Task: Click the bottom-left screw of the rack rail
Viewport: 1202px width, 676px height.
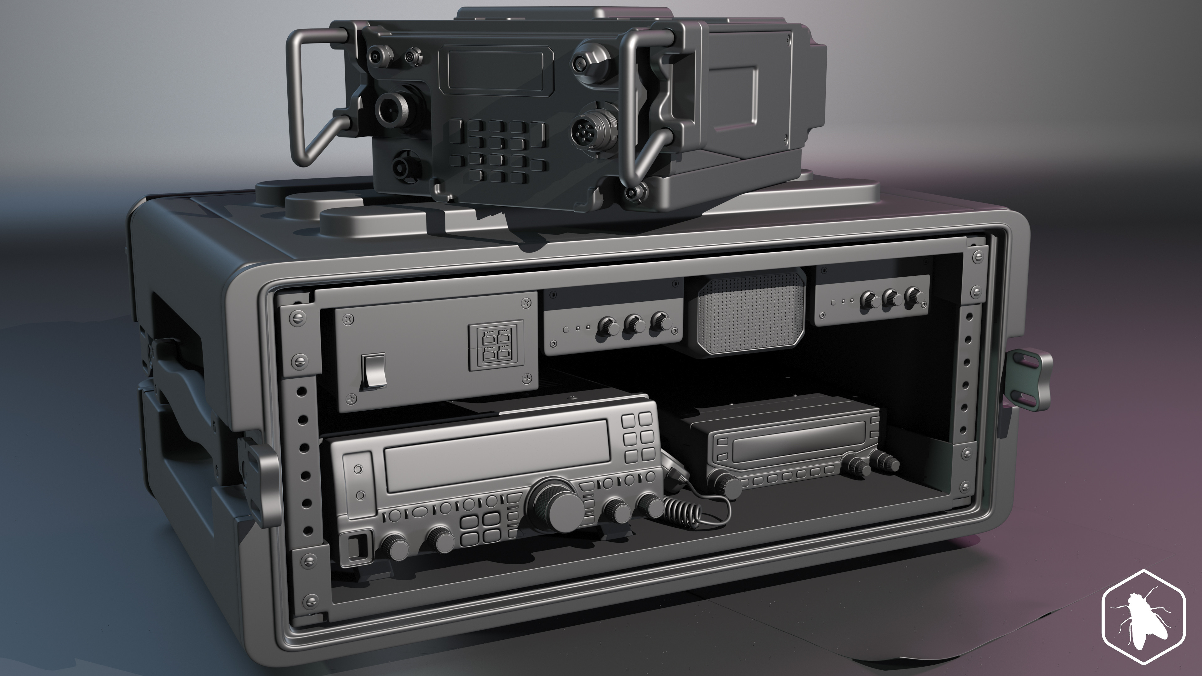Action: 309,600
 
